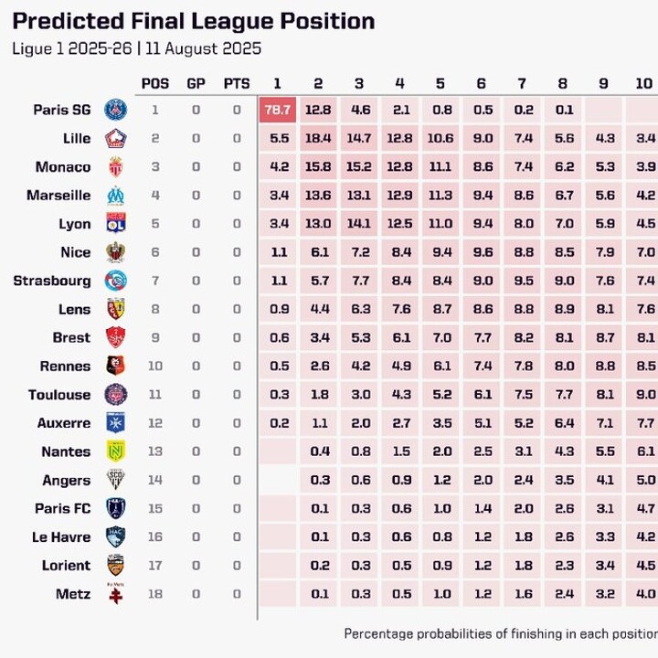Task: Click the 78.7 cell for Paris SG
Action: (277, 110)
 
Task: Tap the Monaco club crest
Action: (116, 167)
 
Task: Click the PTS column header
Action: (237, 83)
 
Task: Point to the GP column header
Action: (196, 83)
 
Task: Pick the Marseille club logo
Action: (116, 196)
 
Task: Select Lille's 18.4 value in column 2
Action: (318, 138)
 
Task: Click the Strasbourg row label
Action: (52, 281)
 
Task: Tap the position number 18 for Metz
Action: (155, 594)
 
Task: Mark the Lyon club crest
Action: (116, 224)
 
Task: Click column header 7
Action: (522, 83)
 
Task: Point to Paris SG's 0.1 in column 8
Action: (563, 110)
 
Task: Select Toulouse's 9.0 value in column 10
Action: (645, 395)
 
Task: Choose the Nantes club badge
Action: (116, 451)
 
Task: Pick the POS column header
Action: (155, 83)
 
